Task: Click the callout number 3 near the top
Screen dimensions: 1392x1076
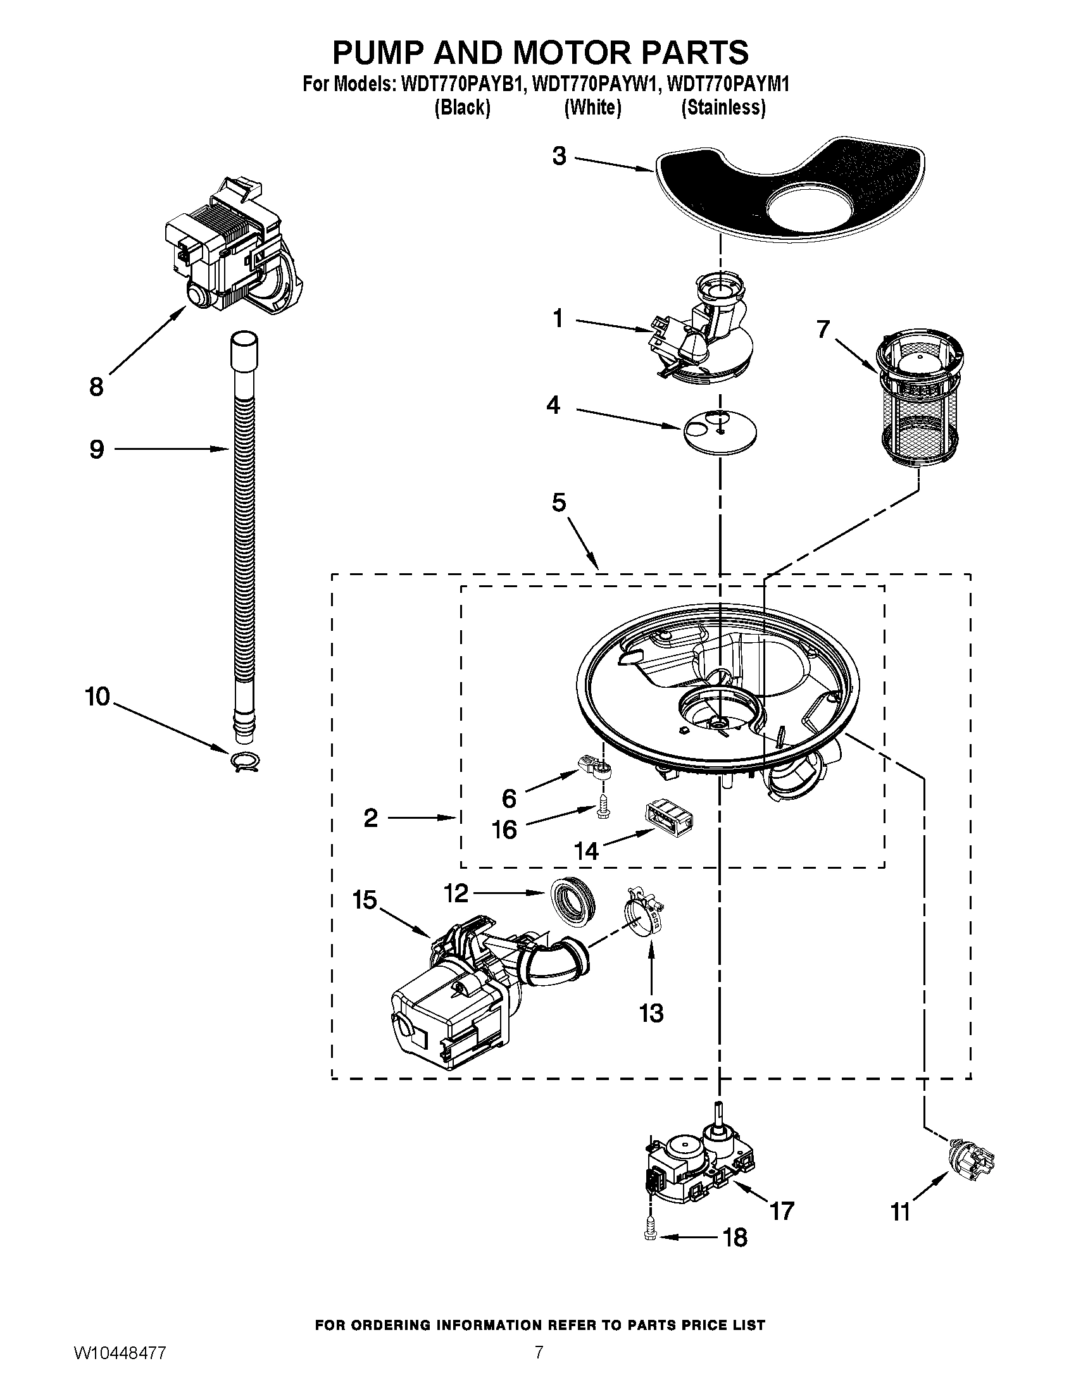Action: [559, 156]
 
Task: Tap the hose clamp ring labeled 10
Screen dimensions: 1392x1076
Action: [246, 761]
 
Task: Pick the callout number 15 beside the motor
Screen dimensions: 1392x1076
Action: [365, 900]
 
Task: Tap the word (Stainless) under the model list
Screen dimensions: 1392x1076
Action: [723, 108]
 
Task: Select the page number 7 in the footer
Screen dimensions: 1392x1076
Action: [539, 1367]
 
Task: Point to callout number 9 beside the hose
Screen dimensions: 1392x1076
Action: [96, 449]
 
